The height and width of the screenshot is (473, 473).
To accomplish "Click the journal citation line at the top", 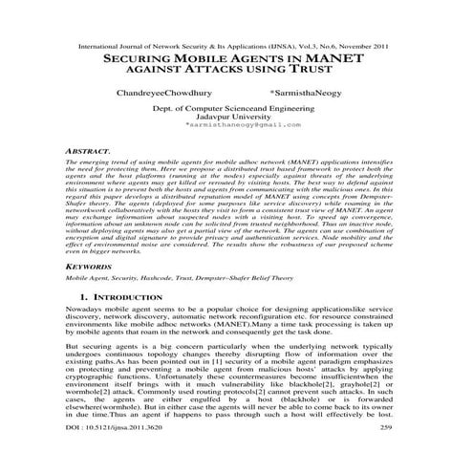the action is point(236,45).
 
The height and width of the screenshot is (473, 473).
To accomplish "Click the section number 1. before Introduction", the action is point(86,298).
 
